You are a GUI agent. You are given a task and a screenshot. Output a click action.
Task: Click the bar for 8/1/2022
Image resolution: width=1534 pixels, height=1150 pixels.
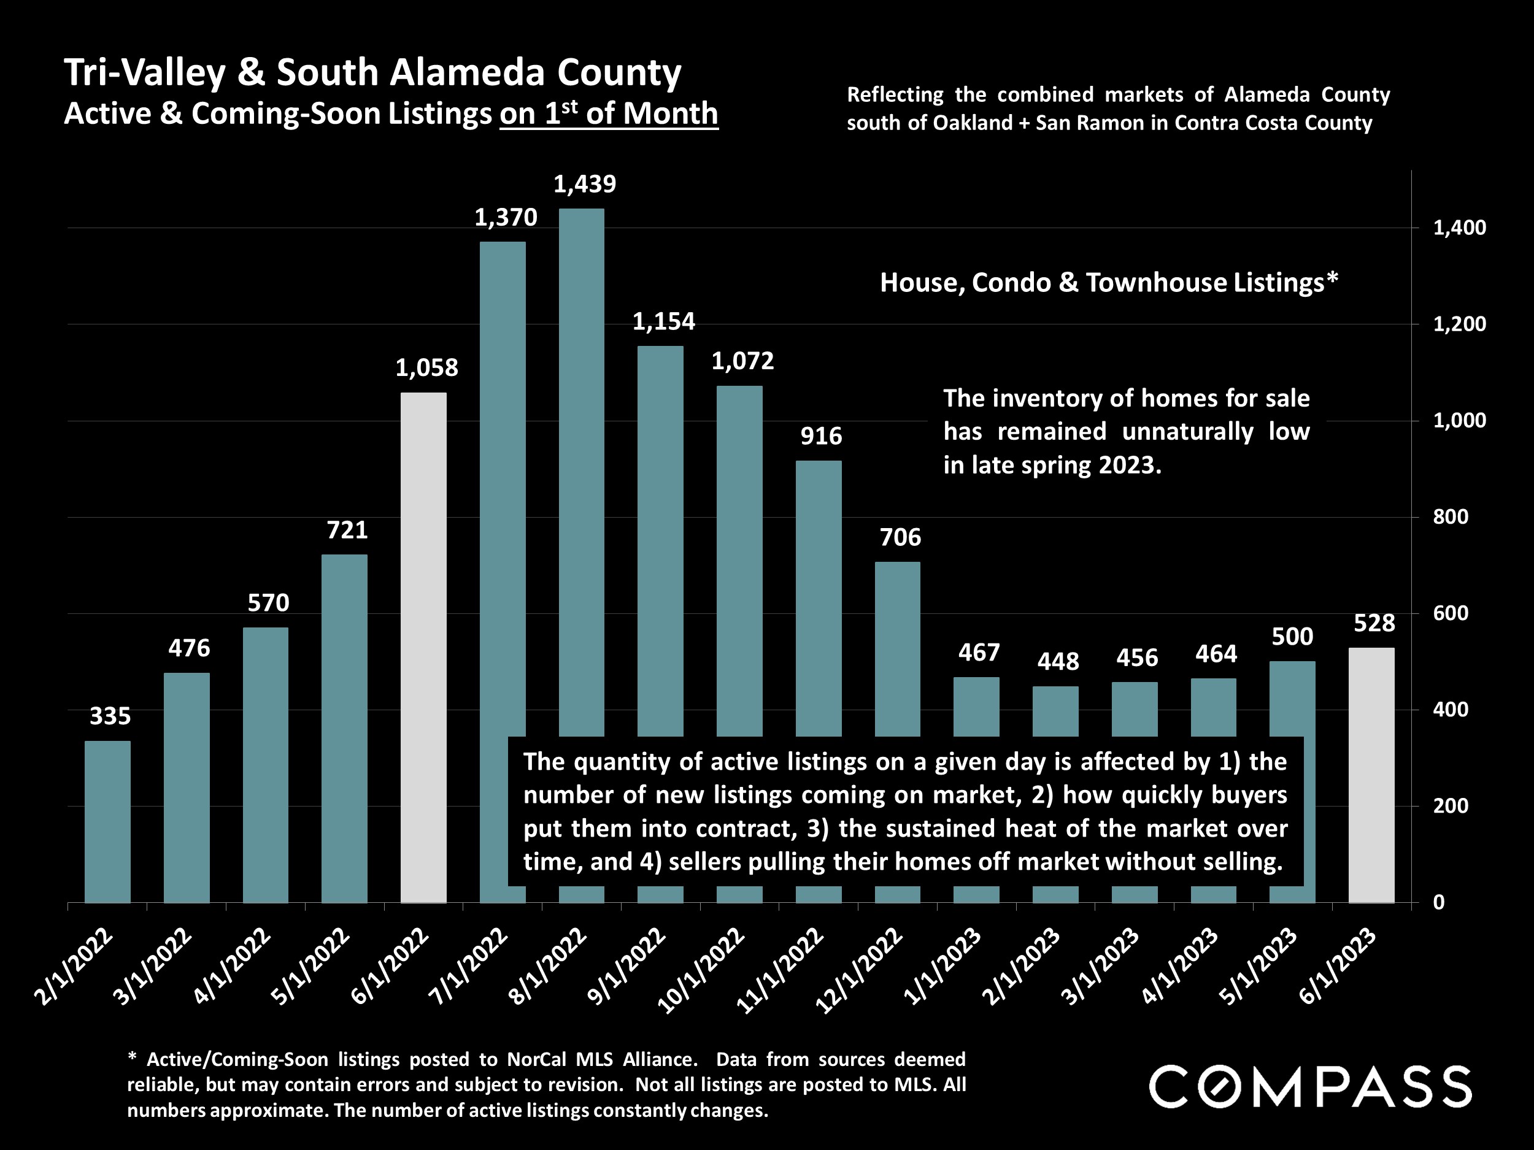point(582,472)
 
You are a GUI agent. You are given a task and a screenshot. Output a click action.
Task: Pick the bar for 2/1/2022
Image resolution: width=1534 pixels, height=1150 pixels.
point(107,821)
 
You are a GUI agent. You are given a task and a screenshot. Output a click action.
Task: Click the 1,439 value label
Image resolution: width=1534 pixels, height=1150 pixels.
point(584,184)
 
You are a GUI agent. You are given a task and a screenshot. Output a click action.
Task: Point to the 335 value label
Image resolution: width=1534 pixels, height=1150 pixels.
point(110,715)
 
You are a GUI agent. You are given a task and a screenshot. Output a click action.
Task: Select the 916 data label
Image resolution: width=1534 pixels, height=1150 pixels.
point(821,435)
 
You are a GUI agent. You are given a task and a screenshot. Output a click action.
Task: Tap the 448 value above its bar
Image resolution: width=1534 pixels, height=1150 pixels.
point(1058,661)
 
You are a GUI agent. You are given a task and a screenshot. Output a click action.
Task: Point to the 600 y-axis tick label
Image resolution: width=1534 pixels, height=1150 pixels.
point(1450,613)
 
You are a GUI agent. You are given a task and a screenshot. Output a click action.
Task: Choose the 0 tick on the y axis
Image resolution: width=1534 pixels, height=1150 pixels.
point(1438,902)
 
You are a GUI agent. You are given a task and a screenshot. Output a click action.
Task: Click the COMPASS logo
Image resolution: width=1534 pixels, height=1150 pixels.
point(1310,1087)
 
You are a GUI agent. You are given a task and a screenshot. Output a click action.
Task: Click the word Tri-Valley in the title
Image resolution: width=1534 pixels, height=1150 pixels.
point(144,72)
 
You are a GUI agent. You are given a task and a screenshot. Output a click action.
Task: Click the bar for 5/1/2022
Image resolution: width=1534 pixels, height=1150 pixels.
point(345,728)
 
